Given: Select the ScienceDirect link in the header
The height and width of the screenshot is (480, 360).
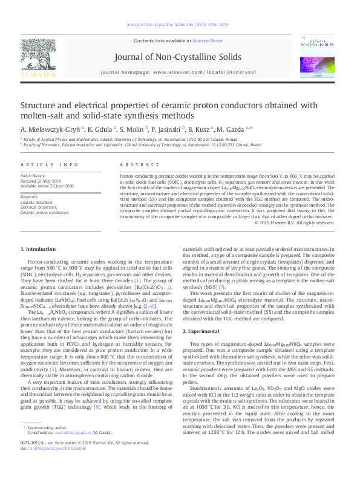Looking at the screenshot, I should tap(208, 41).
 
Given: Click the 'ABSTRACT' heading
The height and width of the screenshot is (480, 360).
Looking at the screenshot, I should tap(135, 164).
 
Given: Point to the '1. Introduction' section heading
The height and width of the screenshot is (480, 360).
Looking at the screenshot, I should tap(38, 249).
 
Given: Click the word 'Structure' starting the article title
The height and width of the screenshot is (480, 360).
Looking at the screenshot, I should tap(38, 105).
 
